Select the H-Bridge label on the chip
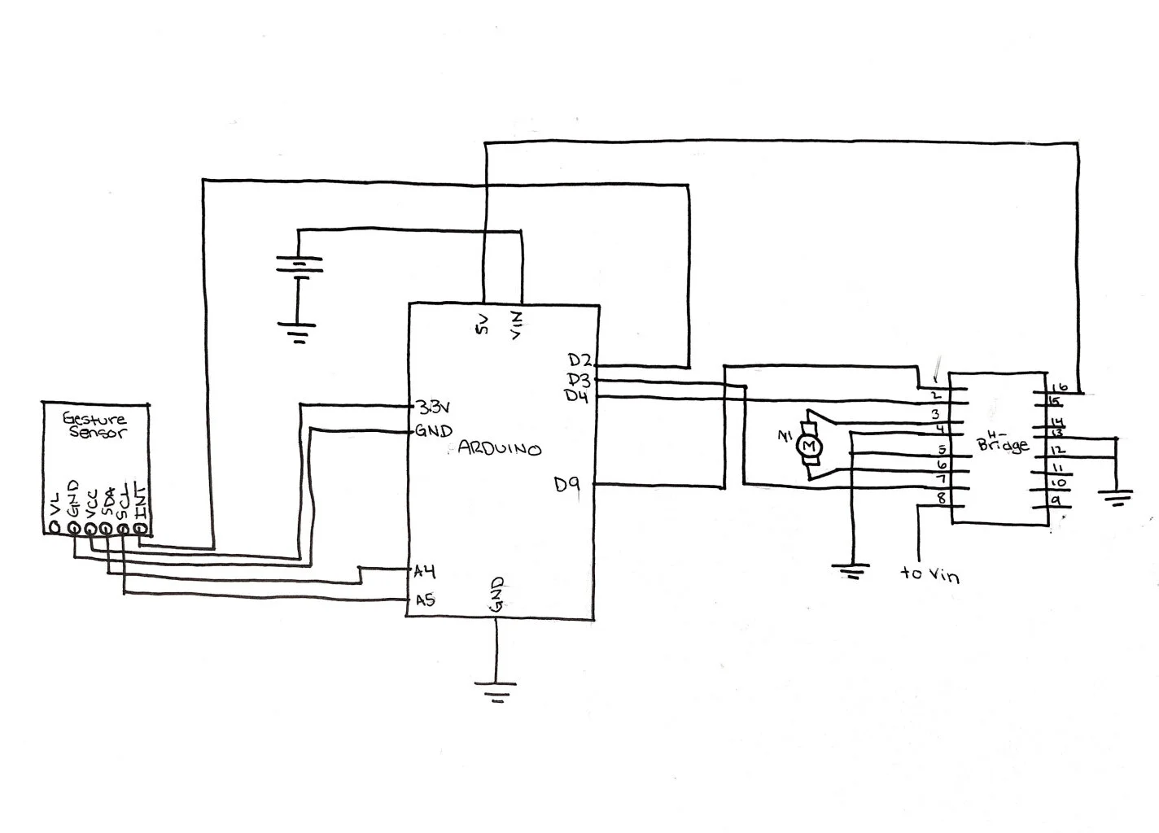[x=1002, y=442]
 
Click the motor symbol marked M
[x=809, y=446]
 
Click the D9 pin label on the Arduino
[x=567, y=485]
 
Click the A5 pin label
[x=424, y=601]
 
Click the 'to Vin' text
[x=929, y=574]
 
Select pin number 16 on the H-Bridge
[x=1059, y=387]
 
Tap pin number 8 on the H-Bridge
[x=942, y=499]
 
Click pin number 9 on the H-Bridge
[x=1054, y=499]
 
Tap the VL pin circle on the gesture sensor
[x=55, y=529]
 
